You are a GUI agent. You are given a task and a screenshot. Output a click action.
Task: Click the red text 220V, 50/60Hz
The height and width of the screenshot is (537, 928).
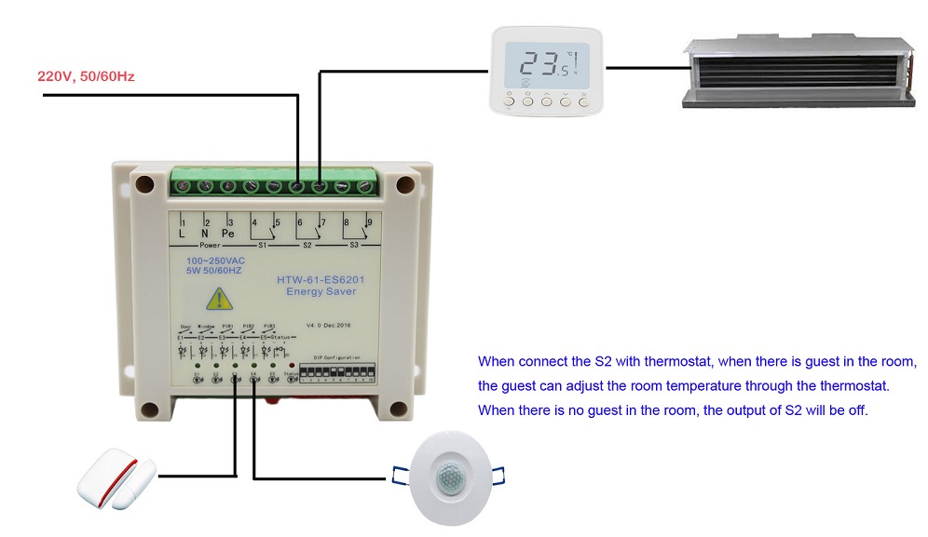pos(86,76)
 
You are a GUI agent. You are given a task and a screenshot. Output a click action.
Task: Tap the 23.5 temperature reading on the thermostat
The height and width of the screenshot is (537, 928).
pos(546,64)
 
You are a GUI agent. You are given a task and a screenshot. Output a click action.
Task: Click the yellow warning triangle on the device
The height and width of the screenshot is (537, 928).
pos(216,299)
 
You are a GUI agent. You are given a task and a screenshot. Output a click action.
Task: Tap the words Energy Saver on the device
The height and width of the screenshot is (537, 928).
pos(321,292)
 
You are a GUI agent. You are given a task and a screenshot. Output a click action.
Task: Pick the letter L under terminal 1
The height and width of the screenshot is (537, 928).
pos(183,233)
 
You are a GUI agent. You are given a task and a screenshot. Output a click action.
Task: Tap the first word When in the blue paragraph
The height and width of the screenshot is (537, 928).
pos(498,361)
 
